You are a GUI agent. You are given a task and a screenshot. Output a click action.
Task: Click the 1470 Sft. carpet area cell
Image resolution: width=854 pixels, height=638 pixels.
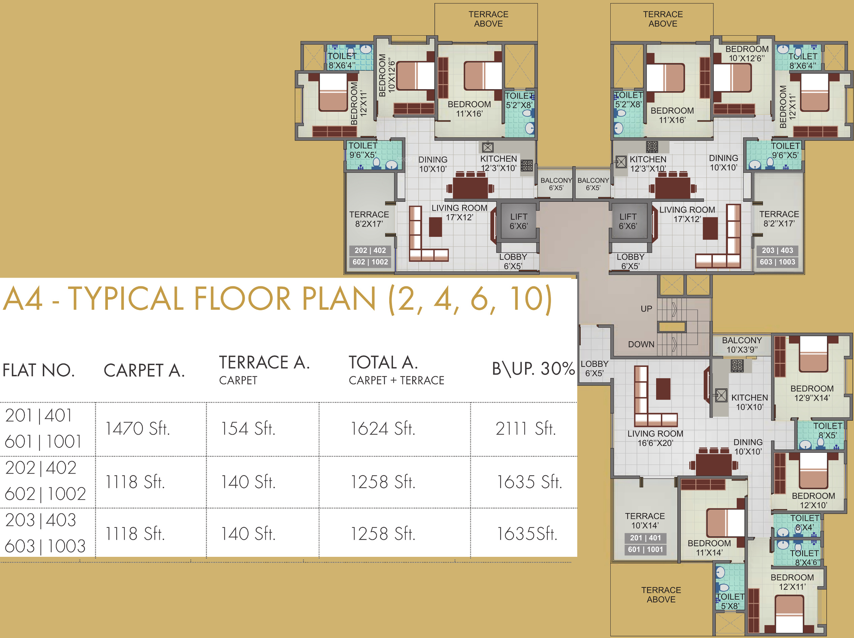[138, 428]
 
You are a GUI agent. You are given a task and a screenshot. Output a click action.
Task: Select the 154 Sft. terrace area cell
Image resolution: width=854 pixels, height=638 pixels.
[248, 428]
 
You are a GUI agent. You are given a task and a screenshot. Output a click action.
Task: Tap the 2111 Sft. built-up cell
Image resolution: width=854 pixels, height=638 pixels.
[525, 428]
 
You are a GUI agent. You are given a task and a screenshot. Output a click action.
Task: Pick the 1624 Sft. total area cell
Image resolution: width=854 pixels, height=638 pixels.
[383, 428]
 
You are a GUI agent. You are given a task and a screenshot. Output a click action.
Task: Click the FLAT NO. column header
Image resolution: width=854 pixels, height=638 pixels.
[39, 370]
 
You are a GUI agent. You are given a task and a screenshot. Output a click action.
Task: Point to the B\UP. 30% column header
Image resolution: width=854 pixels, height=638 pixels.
[533, 369]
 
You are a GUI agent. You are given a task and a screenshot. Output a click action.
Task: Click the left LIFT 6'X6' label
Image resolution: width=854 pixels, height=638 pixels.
[518, 221]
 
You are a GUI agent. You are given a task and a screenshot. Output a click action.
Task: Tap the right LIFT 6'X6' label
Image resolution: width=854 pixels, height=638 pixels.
[628, 221]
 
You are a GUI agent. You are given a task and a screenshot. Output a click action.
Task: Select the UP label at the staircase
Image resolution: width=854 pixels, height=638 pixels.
[646, 309]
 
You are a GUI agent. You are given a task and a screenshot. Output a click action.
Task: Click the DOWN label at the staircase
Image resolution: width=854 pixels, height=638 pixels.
[641, 344]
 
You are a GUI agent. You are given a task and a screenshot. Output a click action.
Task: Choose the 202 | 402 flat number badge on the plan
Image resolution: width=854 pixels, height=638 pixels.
[370, 251]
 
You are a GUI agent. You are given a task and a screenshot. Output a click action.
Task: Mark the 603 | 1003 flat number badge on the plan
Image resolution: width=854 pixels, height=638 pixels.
[777, 262]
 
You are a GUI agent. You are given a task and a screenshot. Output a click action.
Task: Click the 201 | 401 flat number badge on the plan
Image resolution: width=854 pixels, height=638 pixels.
[645, 538]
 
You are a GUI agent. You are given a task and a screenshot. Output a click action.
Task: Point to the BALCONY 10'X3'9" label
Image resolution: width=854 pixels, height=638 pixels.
[742, 345]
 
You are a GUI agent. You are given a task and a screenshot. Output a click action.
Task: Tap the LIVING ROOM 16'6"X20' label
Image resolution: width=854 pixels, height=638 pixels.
[655, 439]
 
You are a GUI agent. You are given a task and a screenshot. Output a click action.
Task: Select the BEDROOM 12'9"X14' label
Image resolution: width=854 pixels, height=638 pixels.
[812, 393]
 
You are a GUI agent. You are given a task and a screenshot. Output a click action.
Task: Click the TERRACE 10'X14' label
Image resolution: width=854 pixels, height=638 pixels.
[645, 521]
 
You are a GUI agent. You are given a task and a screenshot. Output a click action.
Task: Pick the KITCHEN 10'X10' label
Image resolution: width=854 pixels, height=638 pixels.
[750, 402]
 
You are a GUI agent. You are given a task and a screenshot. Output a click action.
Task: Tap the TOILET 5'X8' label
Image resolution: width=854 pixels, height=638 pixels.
[730, 601]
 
